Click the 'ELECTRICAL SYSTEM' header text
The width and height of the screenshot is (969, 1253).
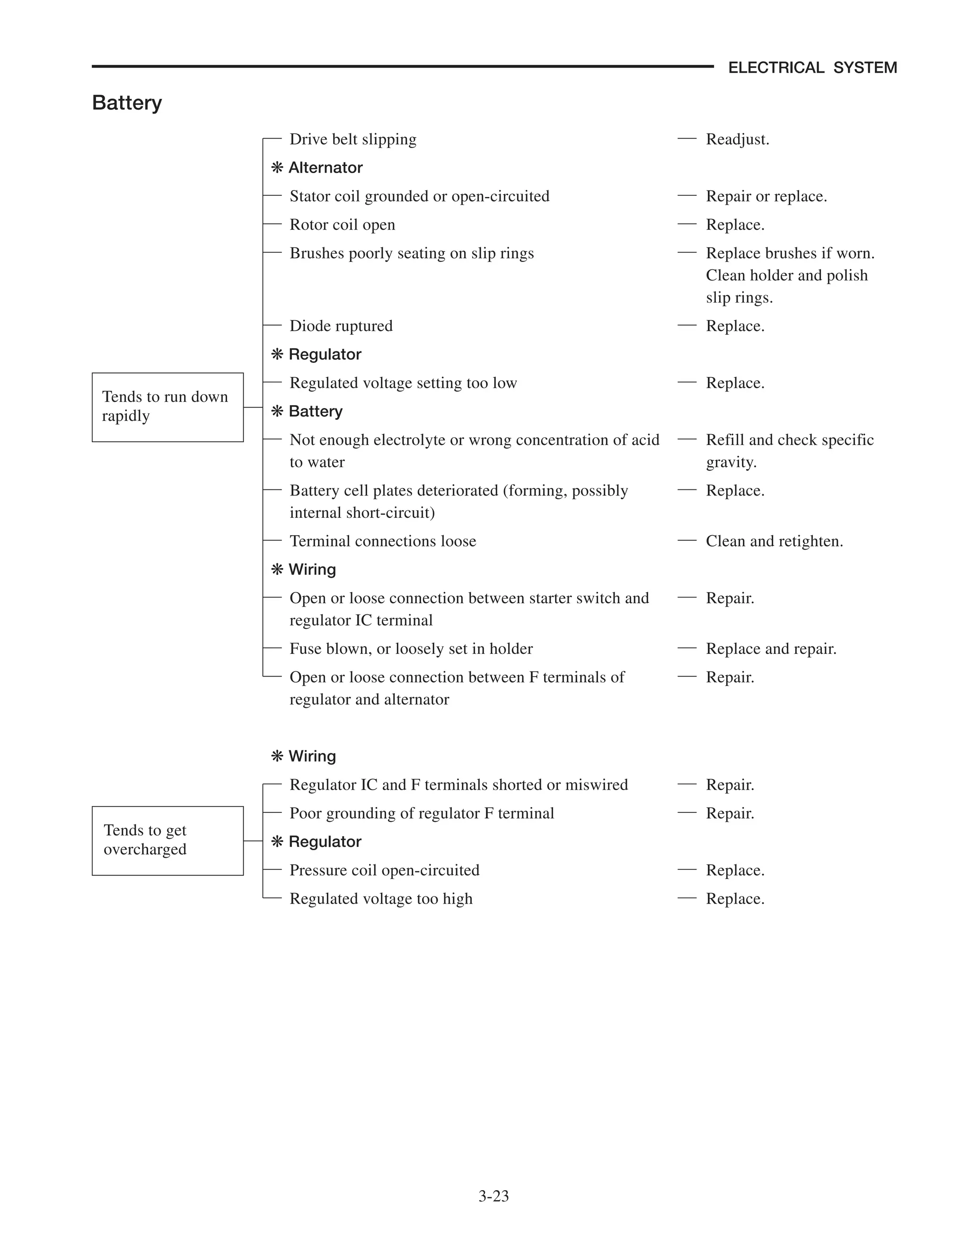812,68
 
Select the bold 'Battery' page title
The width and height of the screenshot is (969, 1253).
127,103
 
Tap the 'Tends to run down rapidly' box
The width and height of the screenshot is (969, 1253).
167,407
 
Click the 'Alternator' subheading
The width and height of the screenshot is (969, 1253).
325,167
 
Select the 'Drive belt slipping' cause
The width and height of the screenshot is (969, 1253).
352,139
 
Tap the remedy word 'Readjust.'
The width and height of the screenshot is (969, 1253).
737,139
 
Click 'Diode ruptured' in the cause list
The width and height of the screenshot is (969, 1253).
341,326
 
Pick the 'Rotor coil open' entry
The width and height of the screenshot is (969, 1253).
342,225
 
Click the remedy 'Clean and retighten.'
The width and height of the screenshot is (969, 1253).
774,541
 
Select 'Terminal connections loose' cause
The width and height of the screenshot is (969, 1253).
382,541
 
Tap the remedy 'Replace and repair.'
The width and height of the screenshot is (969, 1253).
770,649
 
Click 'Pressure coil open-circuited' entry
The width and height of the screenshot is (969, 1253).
384,870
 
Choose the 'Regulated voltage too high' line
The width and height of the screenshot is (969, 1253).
380,898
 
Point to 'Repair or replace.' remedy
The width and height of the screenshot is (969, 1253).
766,196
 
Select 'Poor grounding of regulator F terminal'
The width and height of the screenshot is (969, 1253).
422,814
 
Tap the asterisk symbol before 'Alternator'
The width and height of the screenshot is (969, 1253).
277,167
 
